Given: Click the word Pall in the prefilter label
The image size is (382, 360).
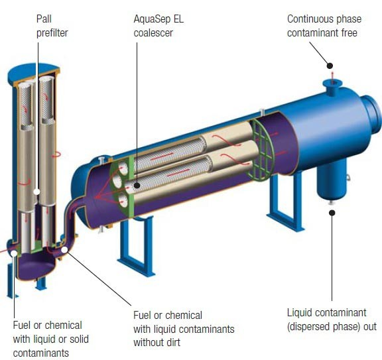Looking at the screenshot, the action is [44, 19].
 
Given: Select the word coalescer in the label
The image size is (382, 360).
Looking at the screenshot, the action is [153, 33].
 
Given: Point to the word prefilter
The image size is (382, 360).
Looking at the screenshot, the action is [52, 33].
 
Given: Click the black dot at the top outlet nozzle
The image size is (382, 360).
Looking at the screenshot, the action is [330, 66].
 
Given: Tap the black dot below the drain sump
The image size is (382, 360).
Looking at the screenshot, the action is [332, 213].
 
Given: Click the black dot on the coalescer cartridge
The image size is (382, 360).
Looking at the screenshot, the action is [137, 186].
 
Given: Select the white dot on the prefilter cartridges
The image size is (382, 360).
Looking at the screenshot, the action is [36, 192].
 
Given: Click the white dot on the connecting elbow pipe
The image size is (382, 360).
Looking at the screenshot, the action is [64, 250].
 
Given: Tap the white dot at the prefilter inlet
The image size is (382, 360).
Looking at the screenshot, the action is [15, 253].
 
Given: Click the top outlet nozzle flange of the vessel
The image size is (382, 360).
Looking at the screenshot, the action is [332, 84].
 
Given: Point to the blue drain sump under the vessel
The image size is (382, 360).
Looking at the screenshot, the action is [332, 178].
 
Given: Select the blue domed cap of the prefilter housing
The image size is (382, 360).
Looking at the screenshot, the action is [34, 71].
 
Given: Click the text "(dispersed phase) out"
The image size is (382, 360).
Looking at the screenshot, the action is [332, 326].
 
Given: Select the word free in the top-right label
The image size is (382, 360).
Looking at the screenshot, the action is [349, 33].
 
